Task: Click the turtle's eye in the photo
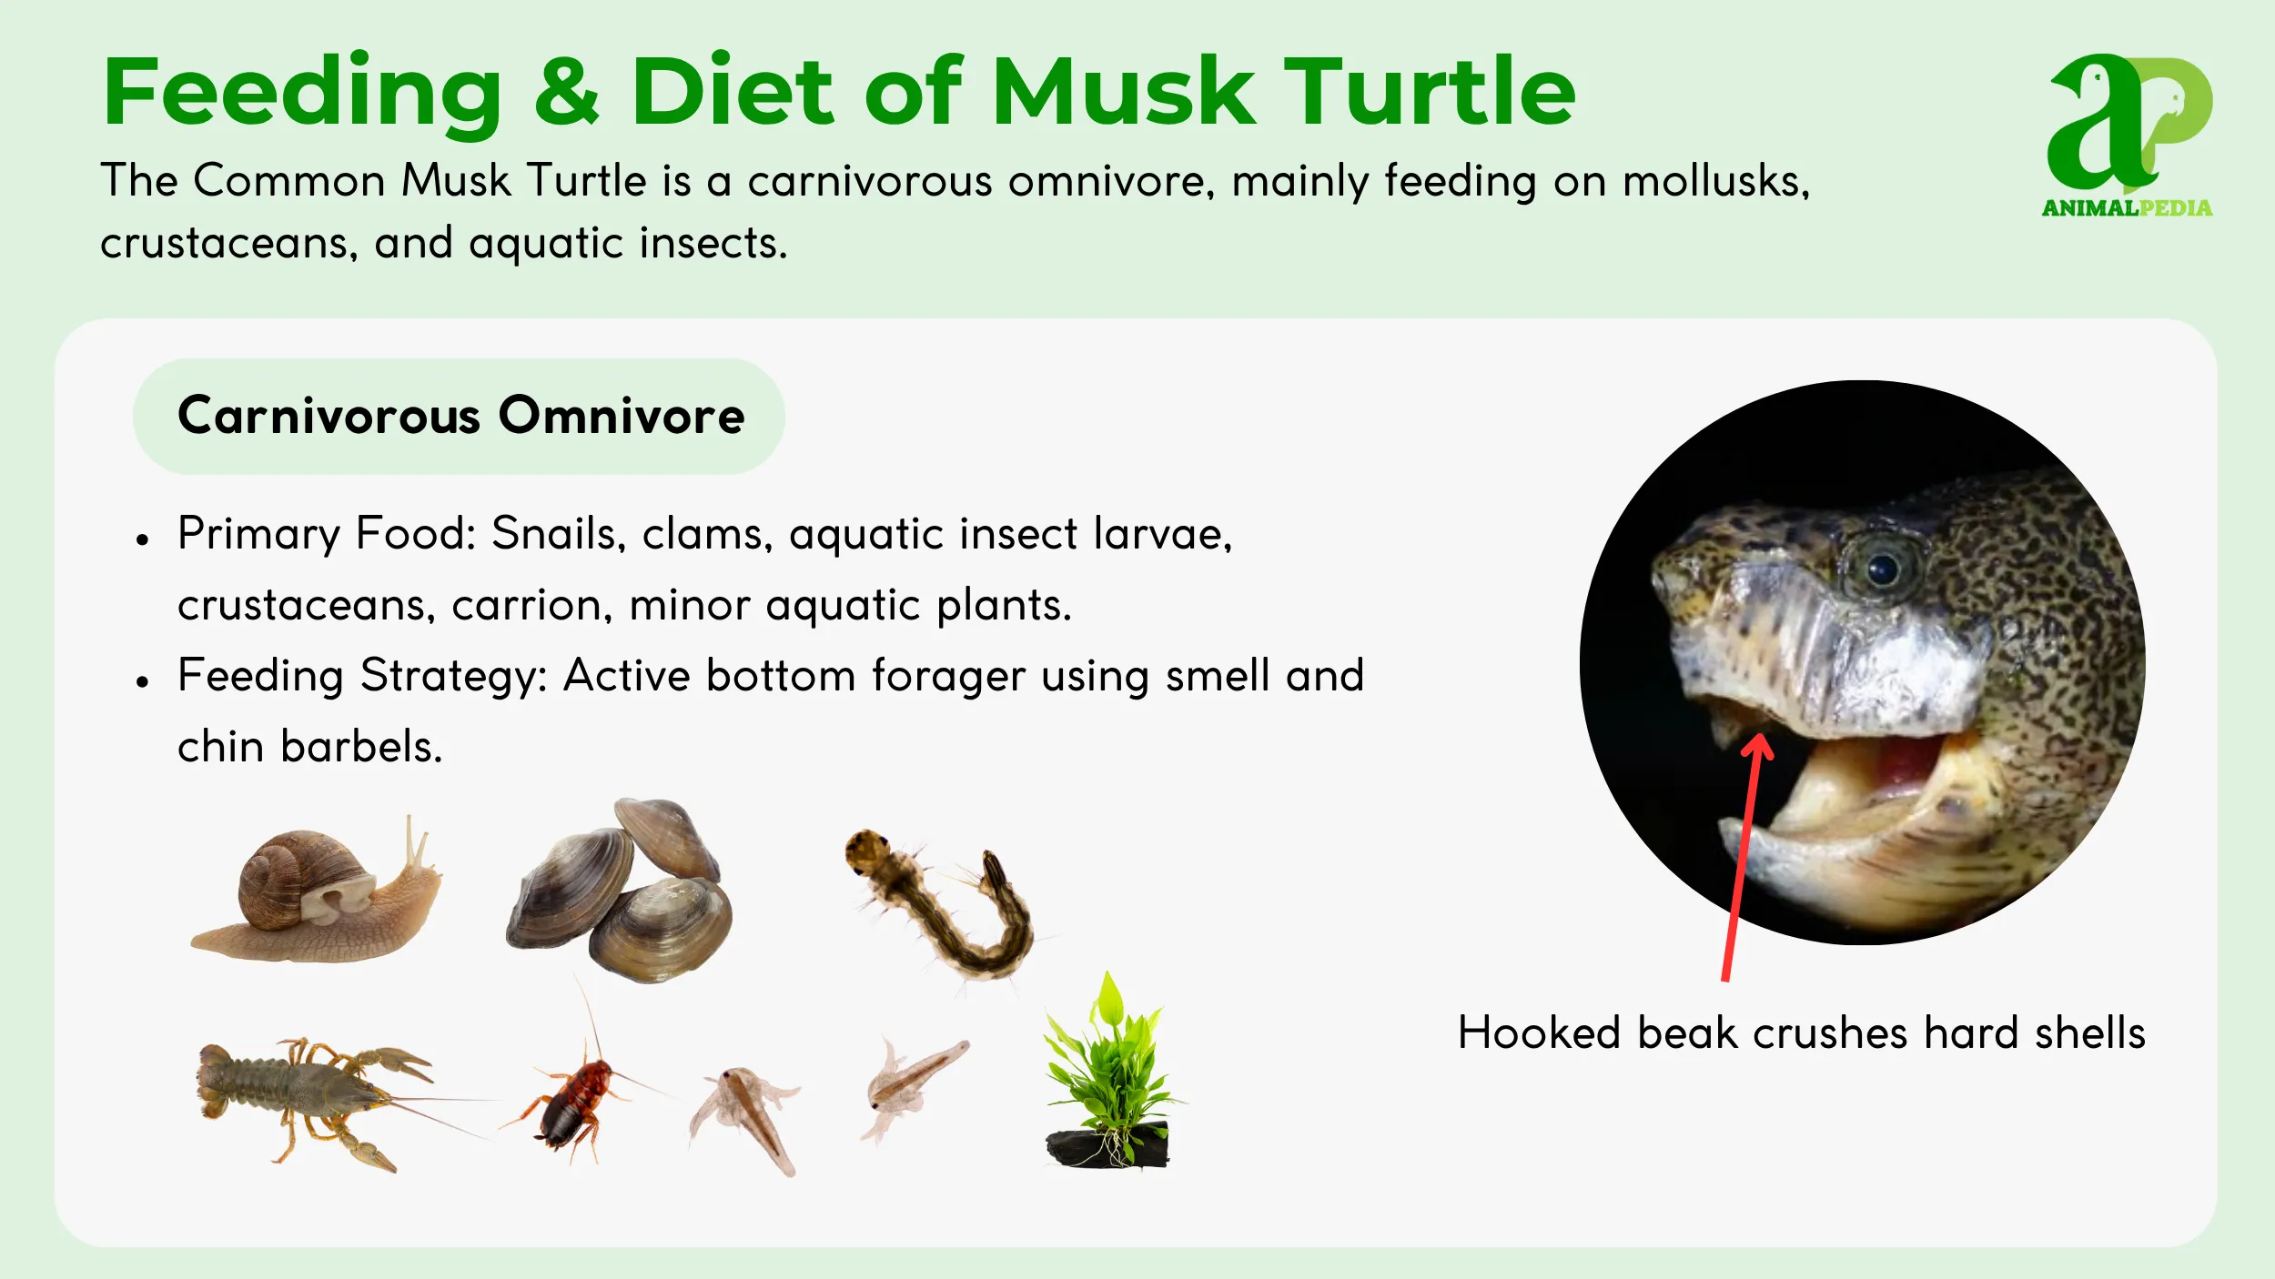1881,570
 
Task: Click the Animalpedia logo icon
2128,123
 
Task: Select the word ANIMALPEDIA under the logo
2127,208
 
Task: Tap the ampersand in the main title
566,92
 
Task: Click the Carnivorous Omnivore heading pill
460,417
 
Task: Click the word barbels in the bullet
361,748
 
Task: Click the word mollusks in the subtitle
1715,181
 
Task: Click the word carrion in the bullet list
532,606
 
